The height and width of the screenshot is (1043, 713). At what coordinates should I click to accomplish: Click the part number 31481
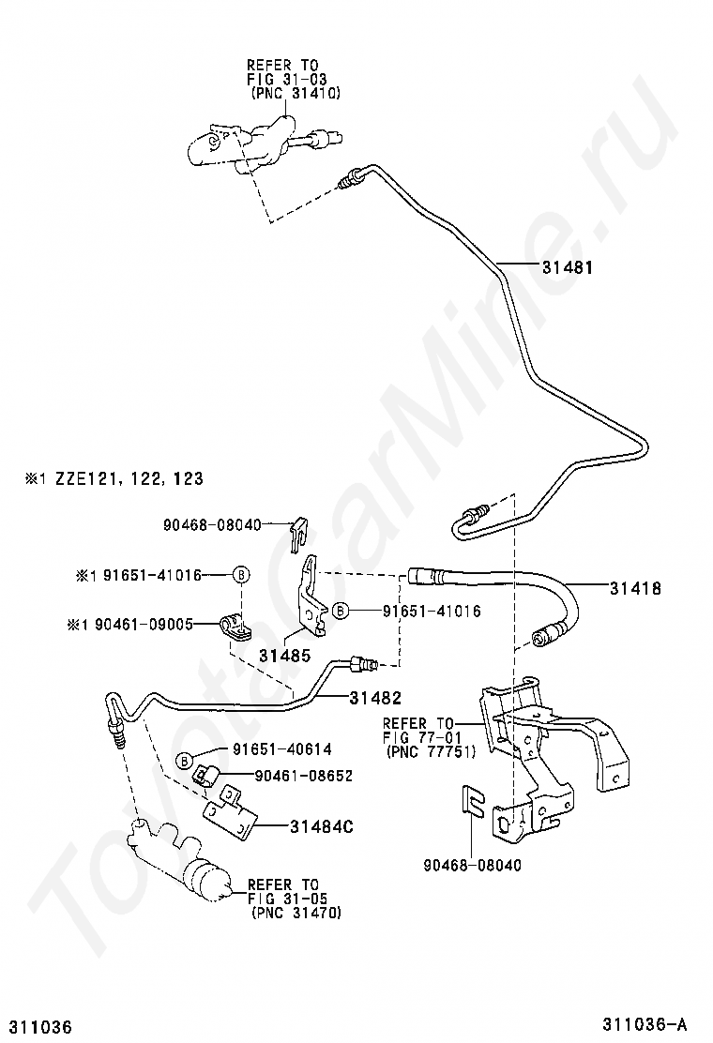(567, 267)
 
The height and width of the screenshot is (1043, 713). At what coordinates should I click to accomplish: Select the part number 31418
(635, 588)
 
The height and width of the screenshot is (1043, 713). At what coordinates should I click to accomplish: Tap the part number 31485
(284, 656)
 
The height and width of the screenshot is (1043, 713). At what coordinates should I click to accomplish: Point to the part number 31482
(376, 698)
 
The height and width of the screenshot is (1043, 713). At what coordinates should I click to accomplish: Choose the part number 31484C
(321, 827)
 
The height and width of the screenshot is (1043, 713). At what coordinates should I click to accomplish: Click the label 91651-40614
(282, 749)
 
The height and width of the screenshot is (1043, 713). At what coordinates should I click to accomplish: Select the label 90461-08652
(303, 776)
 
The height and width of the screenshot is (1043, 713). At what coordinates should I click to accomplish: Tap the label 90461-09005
(144, 624)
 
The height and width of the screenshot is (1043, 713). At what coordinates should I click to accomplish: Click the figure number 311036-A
(645, 1023)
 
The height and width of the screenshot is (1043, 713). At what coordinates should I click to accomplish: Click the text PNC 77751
(431, 752)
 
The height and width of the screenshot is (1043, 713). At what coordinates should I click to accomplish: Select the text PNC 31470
(296, 913)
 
